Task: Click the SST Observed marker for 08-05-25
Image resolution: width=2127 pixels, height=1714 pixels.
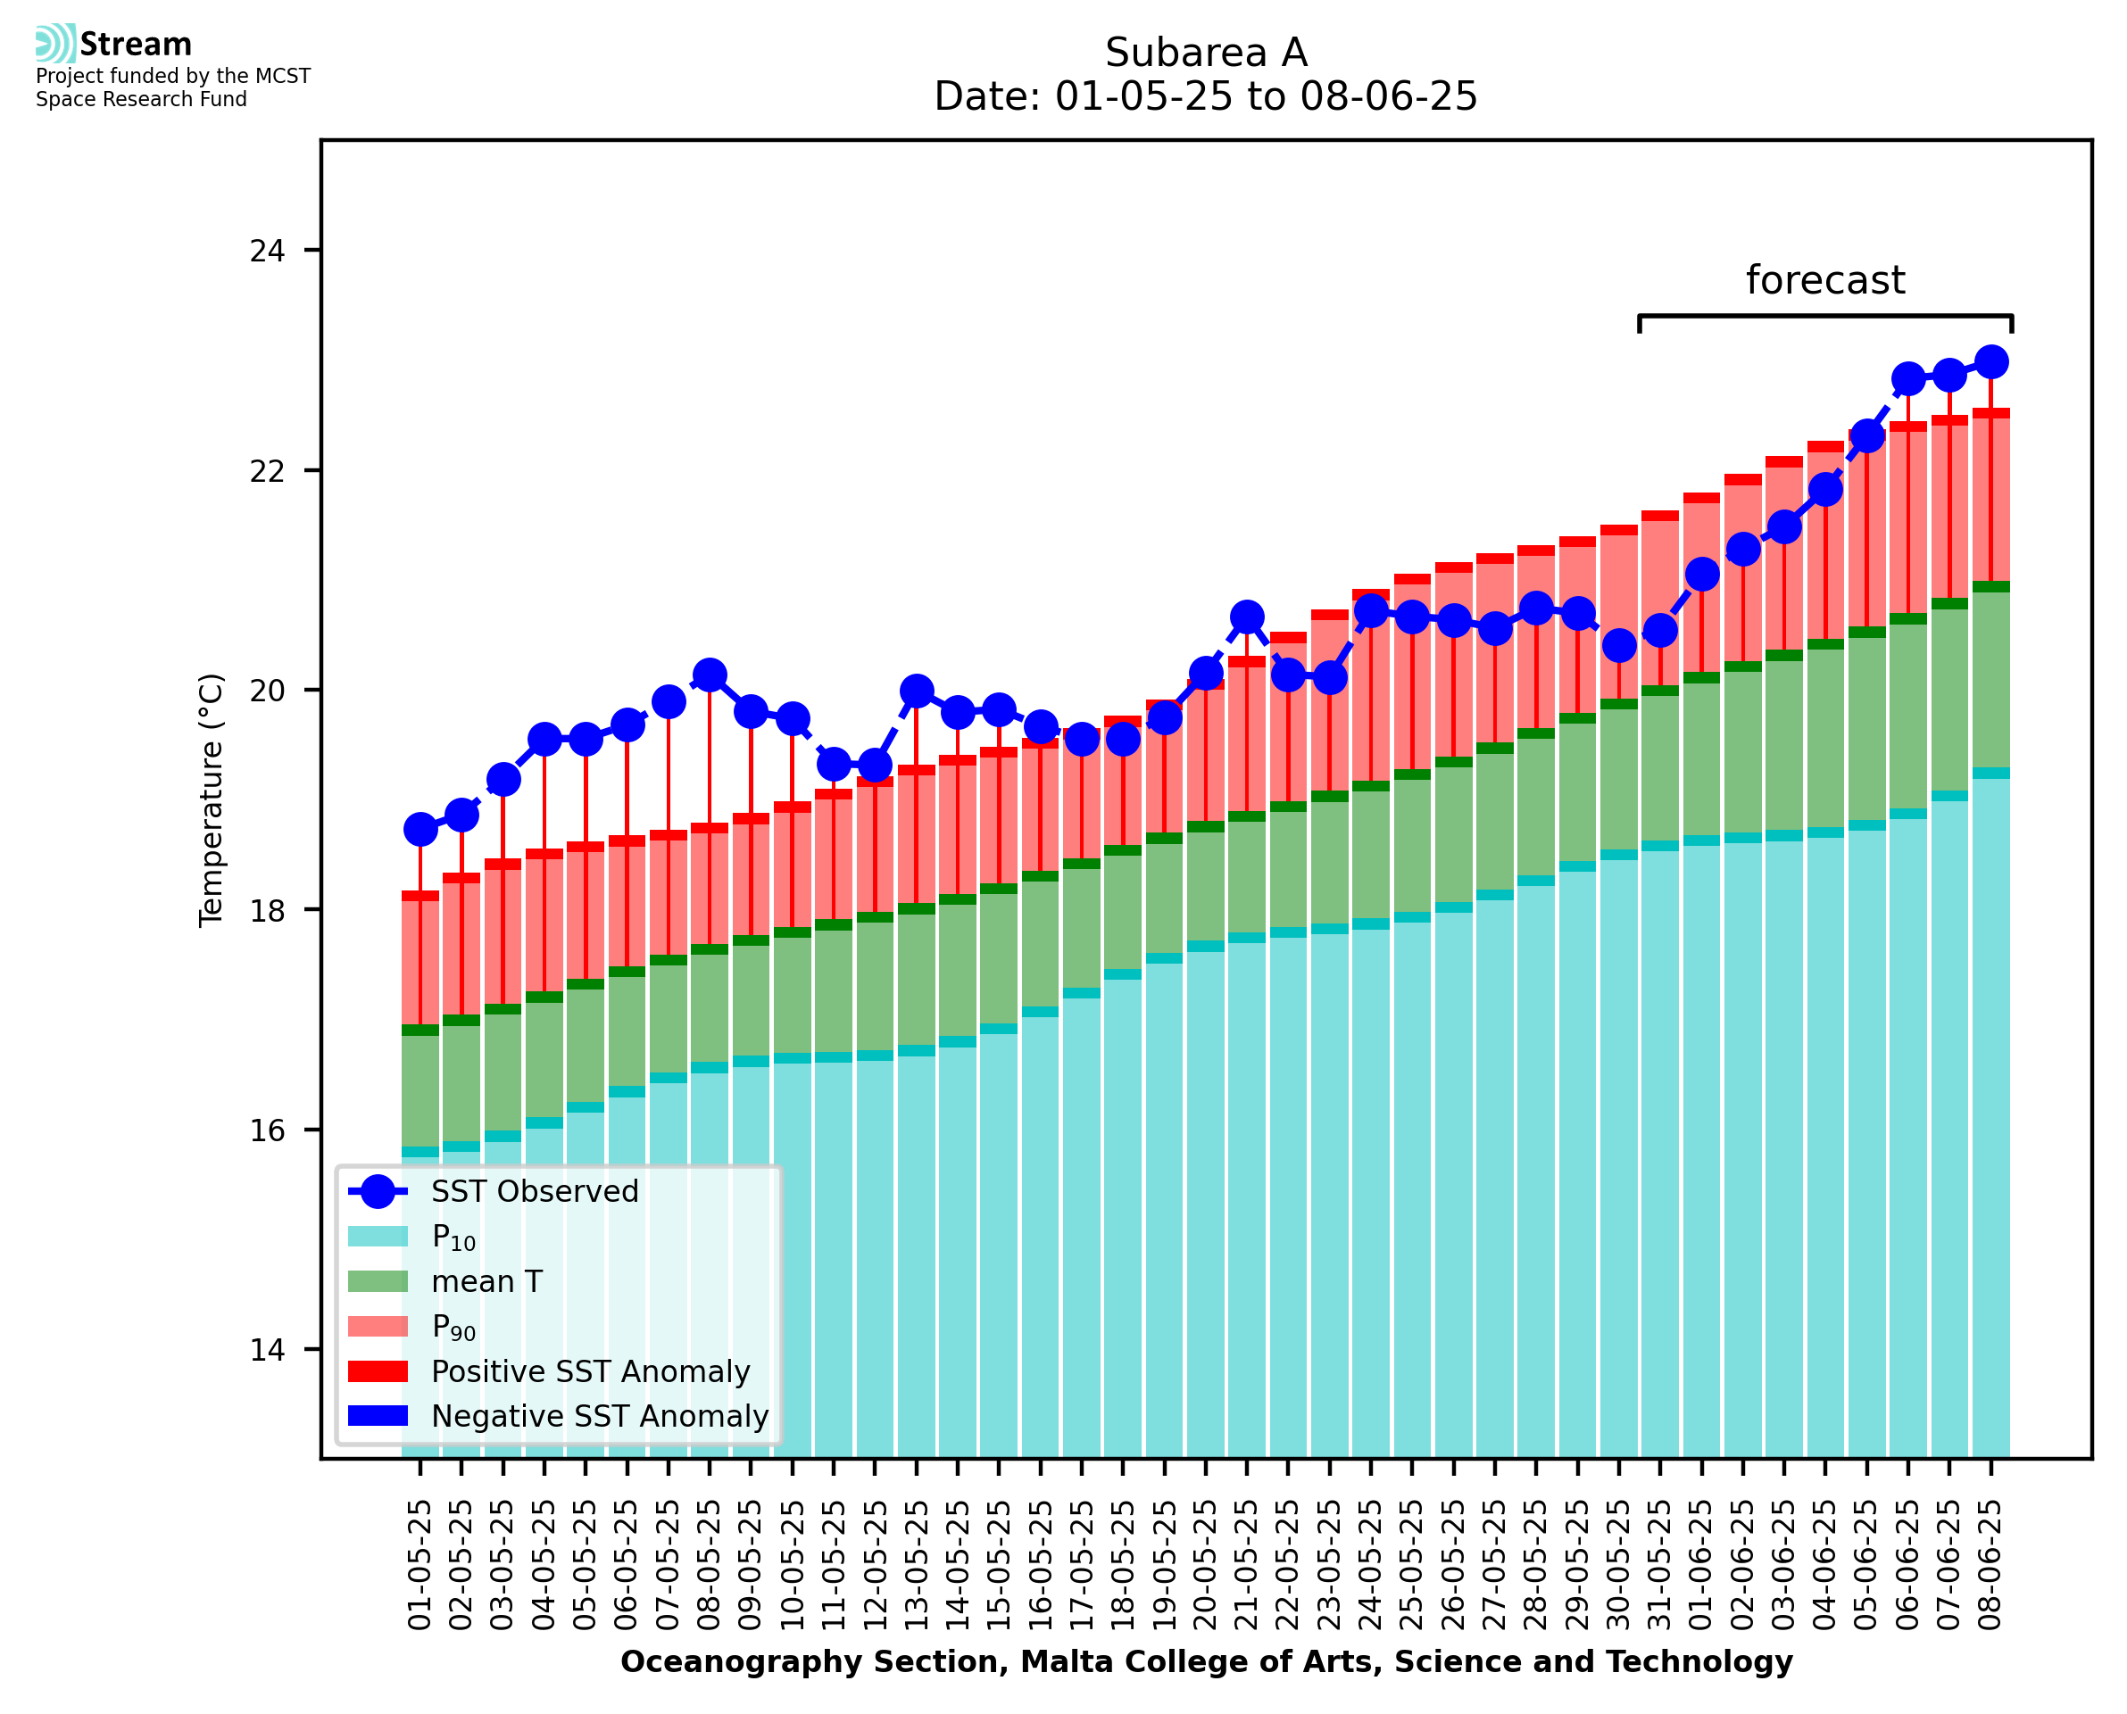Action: (x=709, y=676)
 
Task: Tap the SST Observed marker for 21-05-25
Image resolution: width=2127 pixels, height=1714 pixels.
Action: (x=1246, y=617)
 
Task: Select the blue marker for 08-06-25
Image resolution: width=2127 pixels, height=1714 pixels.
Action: (x=1990, y=362)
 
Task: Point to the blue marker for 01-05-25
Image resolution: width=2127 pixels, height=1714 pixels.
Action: (x=420, y=831)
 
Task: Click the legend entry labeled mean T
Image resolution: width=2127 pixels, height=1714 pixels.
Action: (x=486, y=1281)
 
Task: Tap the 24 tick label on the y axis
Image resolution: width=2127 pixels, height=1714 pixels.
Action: (x=267, y=251)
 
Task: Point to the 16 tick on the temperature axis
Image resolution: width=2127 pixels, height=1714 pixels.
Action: (x=267, y=1130)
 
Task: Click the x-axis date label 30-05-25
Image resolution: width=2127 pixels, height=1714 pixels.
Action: (x=1618, y=1565)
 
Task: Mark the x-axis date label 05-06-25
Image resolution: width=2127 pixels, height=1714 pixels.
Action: (x=1866, y=1565)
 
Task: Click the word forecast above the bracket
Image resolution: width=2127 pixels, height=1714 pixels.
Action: (x=1824, y=280)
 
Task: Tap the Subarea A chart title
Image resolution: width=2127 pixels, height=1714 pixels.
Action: (x=1206, y=53)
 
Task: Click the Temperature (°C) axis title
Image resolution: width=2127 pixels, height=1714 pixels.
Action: (x=212, y=799)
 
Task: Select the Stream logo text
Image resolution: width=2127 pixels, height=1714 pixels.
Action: (x=136, y=45)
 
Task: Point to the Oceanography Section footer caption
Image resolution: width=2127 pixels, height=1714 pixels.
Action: (x=1206, y=1661)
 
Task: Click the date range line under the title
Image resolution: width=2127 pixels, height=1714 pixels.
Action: (x=1206, y=96)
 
